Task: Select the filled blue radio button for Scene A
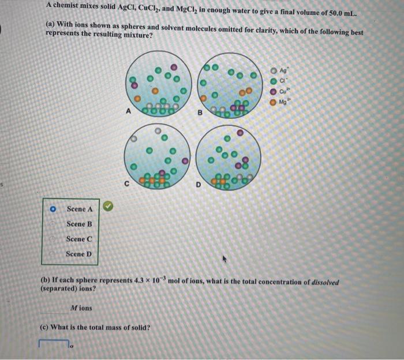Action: [53, 209]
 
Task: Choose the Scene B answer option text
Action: [79, 224]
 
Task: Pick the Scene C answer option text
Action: [79, 239]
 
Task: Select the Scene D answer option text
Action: [79, 254]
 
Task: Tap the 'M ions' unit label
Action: [81, 307]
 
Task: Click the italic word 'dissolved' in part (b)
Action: [323, 282]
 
